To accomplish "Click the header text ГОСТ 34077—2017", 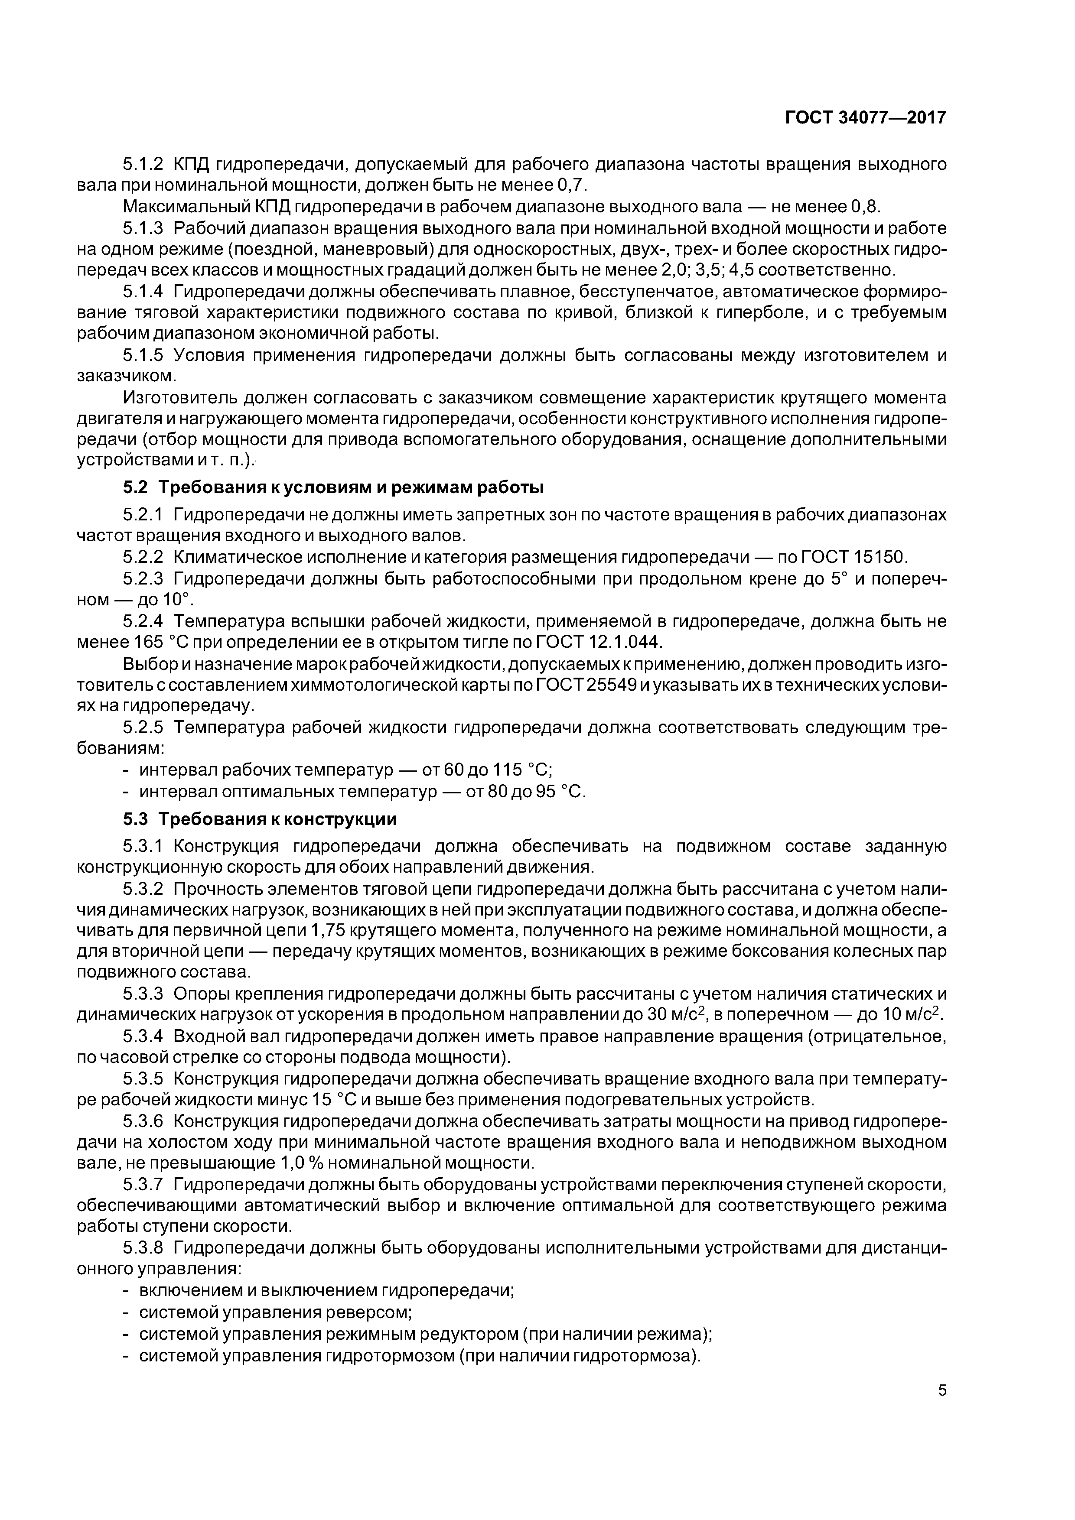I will coord(865,118).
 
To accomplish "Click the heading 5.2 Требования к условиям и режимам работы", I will coord(333,487).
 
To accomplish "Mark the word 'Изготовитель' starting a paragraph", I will coord(181,398).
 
